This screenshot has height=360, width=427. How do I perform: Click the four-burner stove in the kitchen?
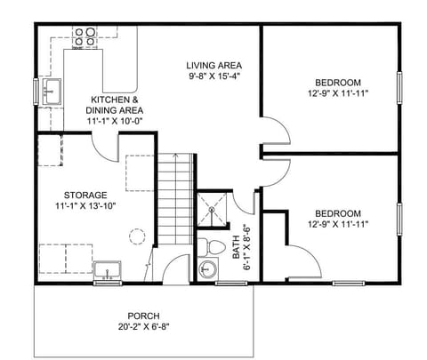(x=85, y=36)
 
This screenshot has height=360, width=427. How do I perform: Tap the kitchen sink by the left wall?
(x=51, y=89)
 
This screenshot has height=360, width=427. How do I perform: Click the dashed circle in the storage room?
(x=136, y=236)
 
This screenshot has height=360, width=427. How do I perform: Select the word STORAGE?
(x=85, y=195)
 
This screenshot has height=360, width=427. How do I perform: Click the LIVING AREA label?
(x=214, y=66)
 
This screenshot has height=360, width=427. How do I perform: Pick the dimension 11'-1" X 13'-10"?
(x=85, y=206)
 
